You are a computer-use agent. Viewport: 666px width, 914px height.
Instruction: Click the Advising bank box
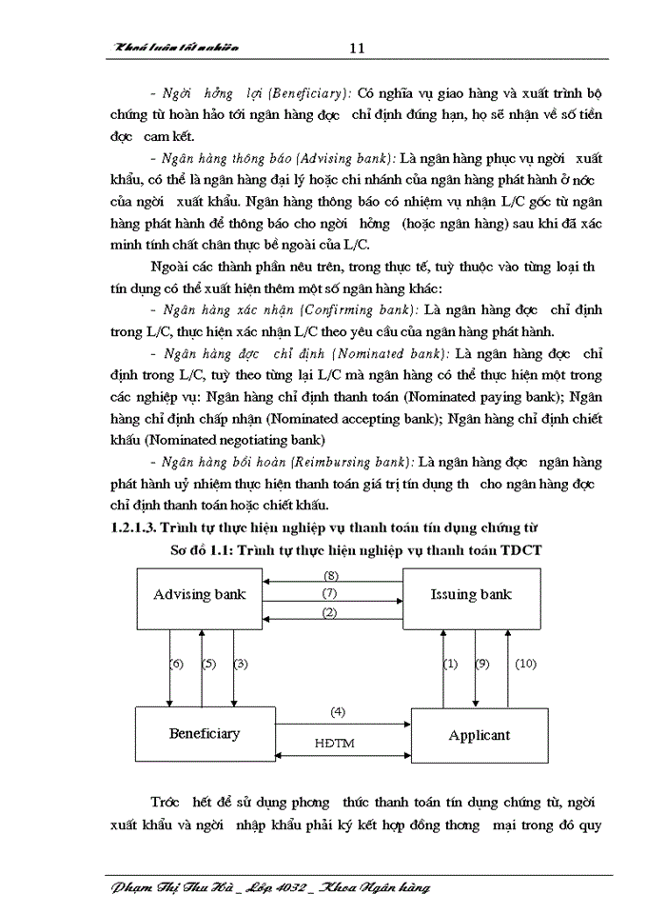tap(200, 595)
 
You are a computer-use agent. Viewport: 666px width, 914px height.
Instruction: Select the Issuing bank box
tap(471, 595)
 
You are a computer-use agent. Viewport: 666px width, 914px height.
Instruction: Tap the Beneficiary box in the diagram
tap(205, 734)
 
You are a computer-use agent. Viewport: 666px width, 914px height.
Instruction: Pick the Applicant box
tap(480, 735)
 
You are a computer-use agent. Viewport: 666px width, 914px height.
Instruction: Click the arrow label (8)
tap(331, 576)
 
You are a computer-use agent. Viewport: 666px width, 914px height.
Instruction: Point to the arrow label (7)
tap(331, 594)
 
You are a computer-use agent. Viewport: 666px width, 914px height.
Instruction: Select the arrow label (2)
tap(330, 612)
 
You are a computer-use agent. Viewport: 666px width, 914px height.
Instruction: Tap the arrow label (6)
tap(176, 664)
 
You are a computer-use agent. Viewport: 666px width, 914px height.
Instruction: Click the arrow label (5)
tap(209, 664)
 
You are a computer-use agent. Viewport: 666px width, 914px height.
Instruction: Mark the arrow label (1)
tap(451, 664)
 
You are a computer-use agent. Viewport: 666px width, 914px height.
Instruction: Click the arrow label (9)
tap(482, 664)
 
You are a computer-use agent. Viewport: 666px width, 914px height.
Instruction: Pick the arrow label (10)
tap(526, 664)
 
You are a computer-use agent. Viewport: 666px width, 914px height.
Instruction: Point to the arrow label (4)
tap(338, 711)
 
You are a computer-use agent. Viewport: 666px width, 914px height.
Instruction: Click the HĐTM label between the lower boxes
tap(335, 743)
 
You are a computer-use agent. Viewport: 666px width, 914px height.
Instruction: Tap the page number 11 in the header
tap(358, 48)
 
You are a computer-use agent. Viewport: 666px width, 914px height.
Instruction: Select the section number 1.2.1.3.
tap(132, 526)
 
